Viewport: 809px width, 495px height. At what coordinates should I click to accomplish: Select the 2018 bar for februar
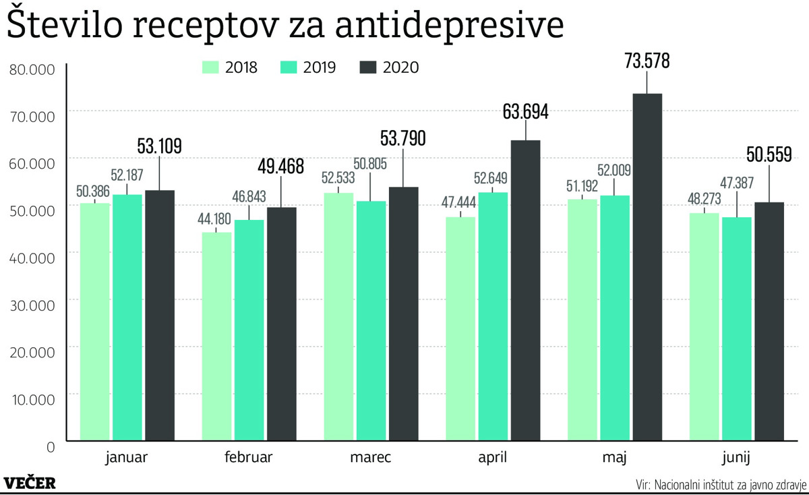[x=217, y=337]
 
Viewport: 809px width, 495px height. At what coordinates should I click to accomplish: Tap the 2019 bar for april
[x=493, y=316]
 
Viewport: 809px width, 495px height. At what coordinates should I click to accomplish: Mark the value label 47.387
[x=737, y=182]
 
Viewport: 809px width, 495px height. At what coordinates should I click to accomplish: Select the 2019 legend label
[x=320, y=67]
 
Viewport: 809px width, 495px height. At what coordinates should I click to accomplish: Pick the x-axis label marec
[x=371, y=458]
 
